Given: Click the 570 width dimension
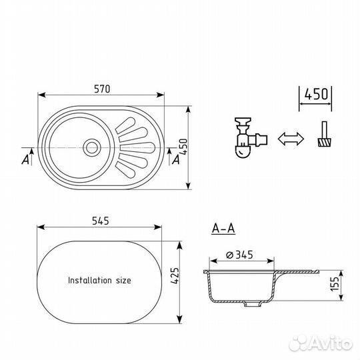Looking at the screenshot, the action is click(x=102, y=89).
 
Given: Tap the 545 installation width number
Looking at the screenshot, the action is click(x=101, y=221).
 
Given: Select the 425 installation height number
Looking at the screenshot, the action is click(x=175, y=275).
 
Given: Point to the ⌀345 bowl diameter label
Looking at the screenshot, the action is click(x=239, y=255).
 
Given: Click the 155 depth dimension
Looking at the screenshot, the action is click(x=334, y=284).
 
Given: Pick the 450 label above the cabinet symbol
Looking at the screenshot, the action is click(x=316, y=94).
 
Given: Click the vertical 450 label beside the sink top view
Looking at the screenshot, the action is click(x=183, y=147).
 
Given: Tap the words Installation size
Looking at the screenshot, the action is click(x=99, y=280).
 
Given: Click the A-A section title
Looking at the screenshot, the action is click(x=223, y=229).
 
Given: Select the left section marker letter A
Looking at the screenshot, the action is click(x=25, y=159).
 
